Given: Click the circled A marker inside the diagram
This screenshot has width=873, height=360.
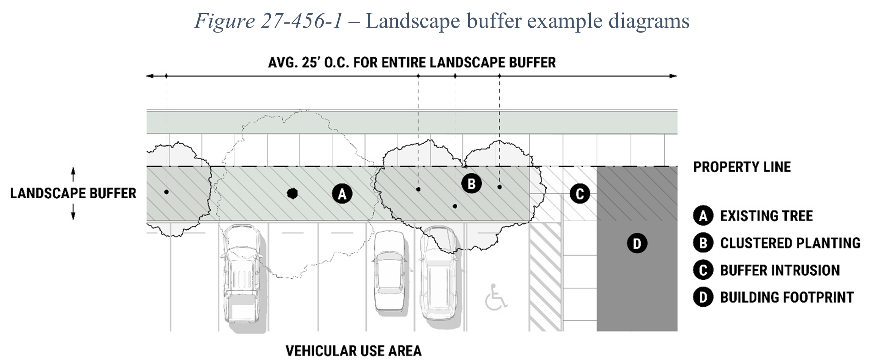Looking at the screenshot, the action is tap(342, 194).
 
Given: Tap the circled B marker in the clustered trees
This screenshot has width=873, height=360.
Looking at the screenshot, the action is tap(472, 184).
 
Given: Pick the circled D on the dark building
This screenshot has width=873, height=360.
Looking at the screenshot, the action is tap(637, 243).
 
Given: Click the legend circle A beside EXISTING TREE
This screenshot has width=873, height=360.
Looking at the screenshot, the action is tap(703, 216).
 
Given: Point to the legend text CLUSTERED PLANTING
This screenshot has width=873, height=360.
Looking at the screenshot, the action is tap(790, 243).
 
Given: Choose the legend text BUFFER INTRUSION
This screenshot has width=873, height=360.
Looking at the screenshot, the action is tap(780, 270).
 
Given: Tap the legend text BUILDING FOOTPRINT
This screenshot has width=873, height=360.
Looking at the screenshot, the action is tap(787, 297).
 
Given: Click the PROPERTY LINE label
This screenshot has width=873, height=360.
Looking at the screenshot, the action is tap(742, 167).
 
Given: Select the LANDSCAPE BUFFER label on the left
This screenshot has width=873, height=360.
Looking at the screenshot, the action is tap(73, 193).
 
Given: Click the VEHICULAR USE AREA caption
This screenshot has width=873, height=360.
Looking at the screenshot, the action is tap(353, 351).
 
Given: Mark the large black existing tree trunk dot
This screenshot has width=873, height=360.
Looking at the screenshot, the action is tap(292, 193).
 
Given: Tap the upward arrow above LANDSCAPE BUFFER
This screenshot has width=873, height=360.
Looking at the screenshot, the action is tap(73, 174).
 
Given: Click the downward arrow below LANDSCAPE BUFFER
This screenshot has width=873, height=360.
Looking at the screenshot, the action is tap(73, 212).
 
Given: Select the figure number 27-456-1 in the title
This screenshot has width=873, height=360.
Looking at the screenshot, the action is tap(302, 21).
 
